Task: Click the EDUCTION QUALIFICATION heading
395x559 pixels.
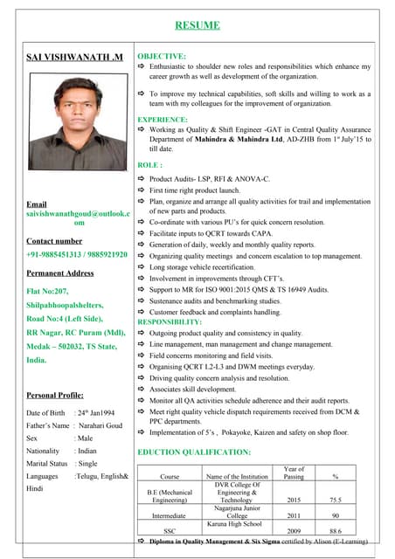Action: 194,452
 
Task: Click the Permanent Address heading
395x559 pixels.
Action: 60,273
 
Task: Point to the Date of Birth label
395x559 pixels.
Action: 46,412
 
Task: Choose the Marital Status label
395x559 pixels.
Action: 47,463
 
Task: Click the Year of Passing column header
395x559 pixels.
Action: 295,473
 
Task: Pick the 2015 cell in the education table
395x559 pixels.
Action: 295,500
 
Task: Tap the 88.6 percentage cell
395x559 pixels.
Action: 336,530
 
